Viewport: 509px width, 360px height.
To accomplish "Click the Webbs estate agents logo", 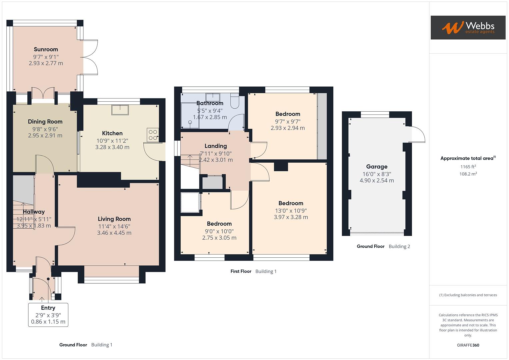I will point(468,27).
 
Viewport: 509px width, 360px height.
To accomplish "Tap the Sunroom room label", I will point(46,49).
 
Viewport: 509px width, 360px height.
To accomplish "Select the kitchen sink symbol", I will point(120,110).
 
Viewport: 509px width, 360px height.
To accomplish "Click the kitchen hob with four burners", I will point(153,135).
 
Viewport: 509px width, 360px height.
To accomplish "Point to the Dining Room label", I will point(45,122).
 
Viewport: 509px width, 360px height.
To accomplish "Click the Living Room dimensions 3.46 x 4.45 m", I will point(114,233).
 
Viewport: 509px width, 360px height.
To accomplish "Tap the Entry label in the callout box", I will point(48,308).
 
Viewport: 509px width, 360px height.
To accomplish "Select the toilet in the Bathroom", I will point(235,102).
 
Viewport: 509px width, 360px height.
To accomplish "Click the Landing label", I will point(215,146).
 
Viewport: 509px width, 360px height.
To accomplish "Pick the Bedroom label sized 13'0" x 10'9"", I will point(291,203).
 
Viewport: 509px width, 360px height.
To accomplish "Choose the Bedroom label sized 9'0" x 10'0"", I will point(219,224).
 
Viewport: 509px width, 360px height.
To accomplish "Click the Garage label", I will point(377,167).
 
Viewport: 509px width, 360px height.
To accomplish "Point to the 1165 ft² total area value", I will point(468,167).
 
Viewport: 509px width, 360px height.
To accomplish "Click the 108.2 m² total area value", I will point(468,174).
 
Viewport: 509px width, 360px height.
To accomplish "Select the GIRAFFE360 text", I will point(468,345).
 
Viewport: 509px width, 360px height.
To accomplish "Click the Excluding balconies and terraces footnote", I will point(468,295).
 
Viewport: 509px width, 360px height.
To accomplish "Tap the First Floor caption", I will point(241,271).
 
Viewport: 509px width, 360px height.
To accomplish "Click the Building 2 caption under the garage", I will point(399,246).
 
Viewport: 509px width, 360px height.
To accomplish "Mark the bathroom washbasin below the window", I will point(212,97).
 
